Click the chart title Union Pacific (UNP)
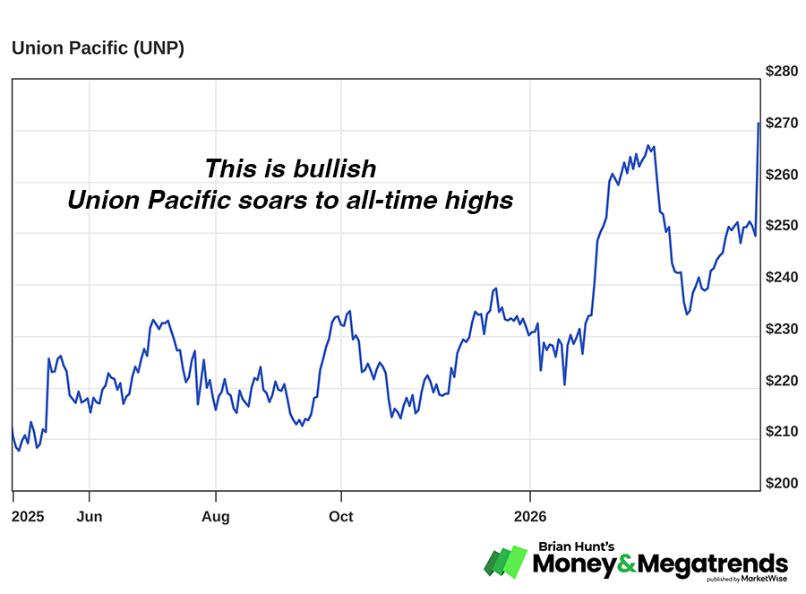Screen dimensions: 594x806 (x=98, y=48)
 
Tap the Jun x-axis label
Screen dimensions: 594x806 (x=90, y=517)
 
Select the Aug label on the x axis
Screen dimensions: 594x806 (x=216, y=517)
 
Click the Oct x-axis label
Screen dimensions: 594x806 (x=341, y=517)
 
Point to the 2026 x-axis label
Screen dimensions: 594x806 (x=530, y=517)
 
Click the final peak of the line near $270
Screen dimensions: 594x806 (x=759, y=124)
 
